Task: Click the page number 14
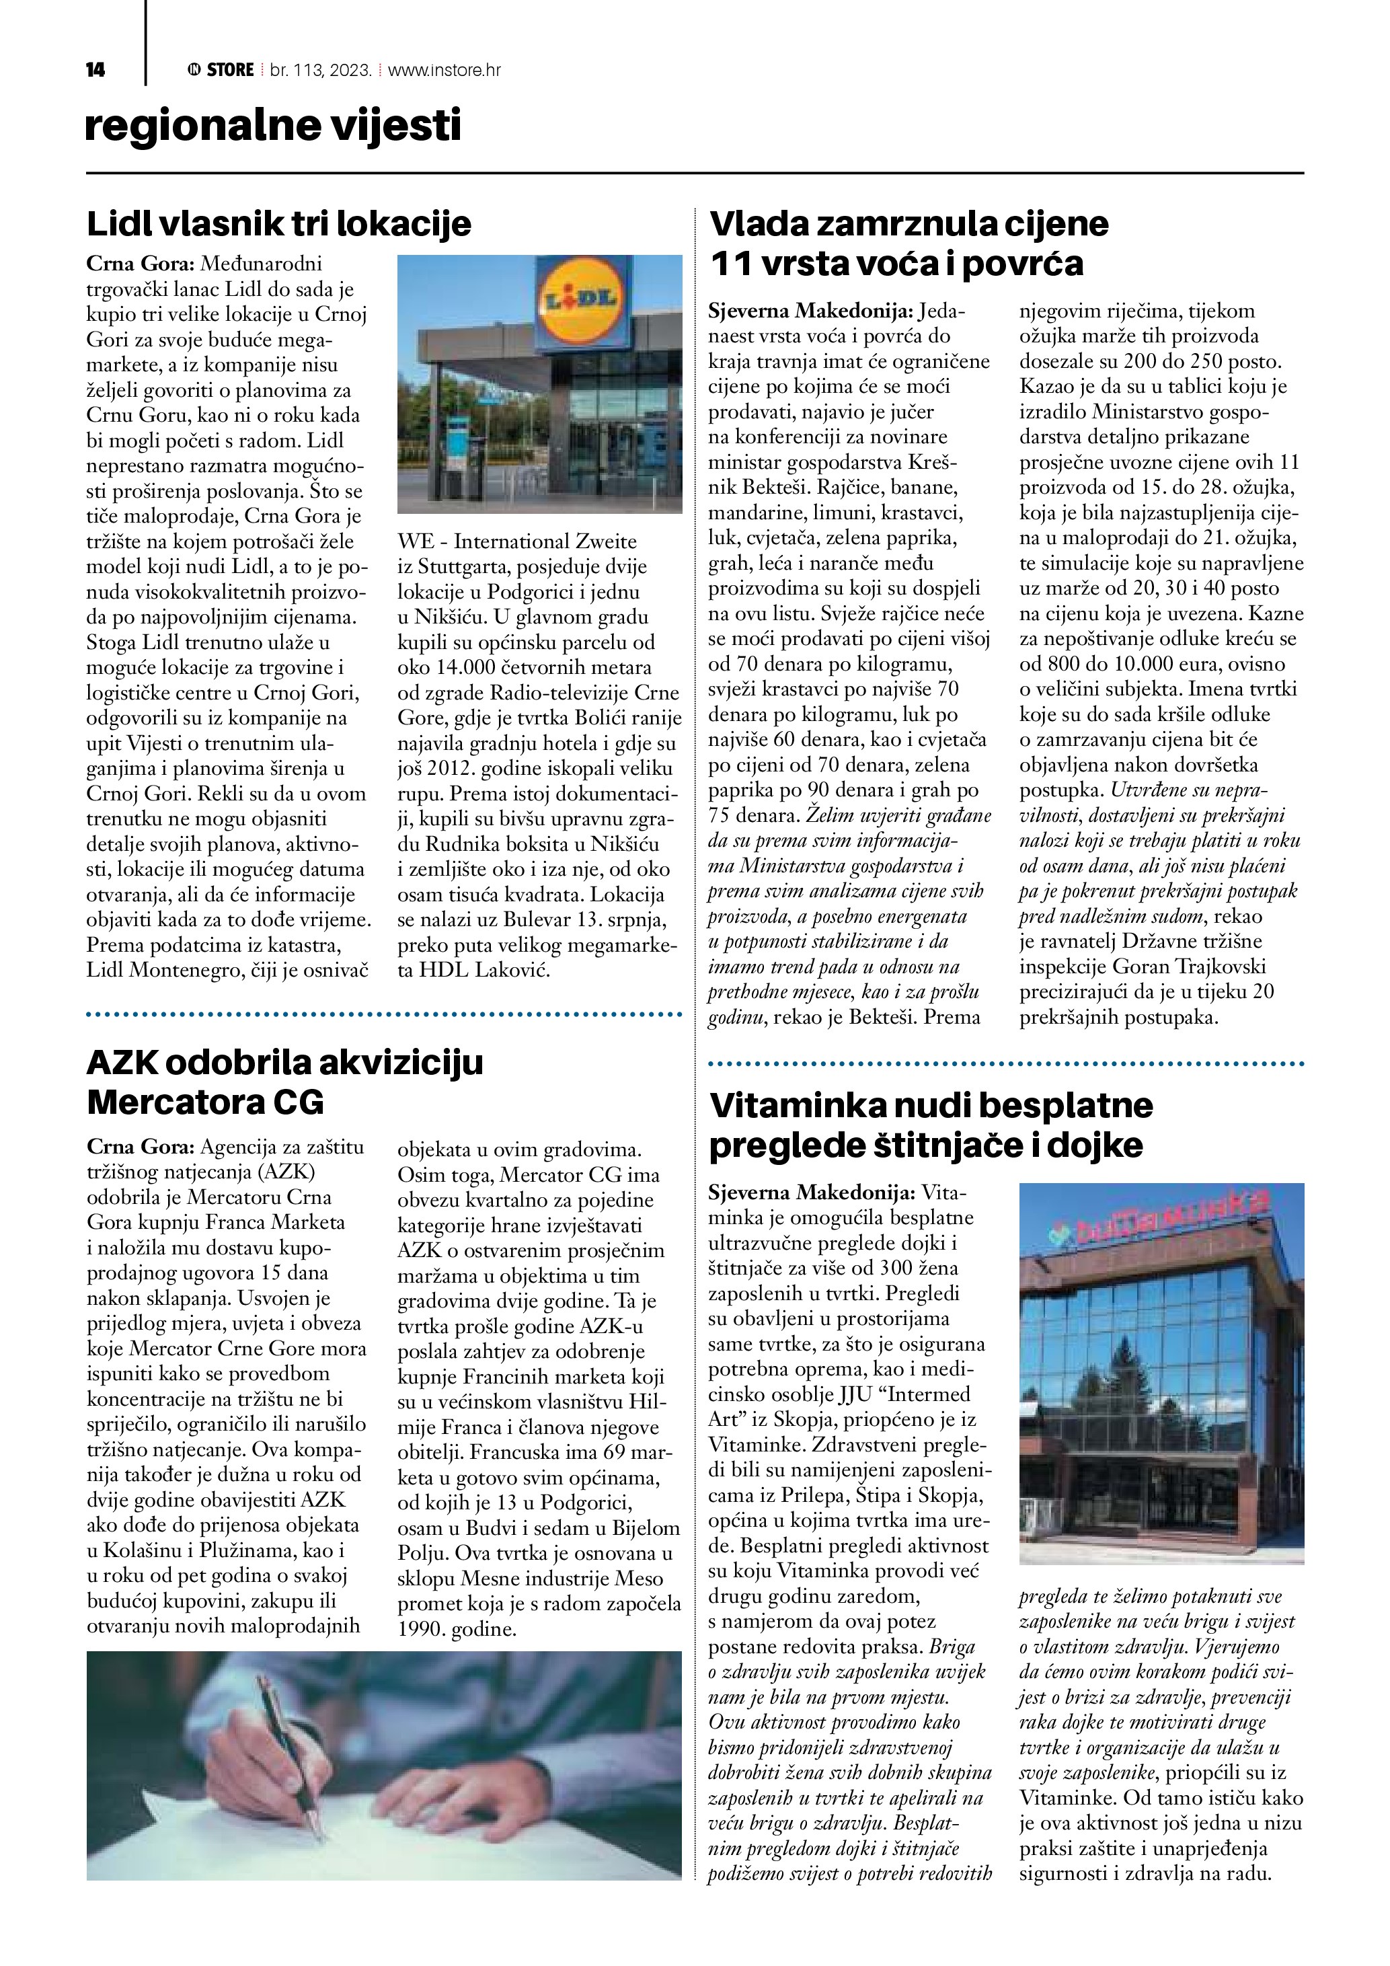coord(95,70)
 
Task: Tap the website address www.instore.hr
coord(445,70)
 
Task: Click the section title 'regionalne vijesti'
coord(273,126)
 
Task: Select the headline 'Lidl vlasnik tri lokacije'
coord(279,225)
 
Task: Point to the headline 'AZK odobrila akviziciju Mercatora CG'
coord(285,1082)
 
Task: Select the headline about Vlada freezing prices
coord(909,243)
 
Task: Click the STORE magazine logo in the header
coord(221,70)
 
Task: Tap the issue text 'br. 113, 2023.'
coord(320,70)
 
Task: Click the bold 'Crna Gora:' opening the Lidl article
coord(141,264)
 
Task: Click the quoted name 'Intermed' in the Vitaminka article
coord(931,1394)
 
